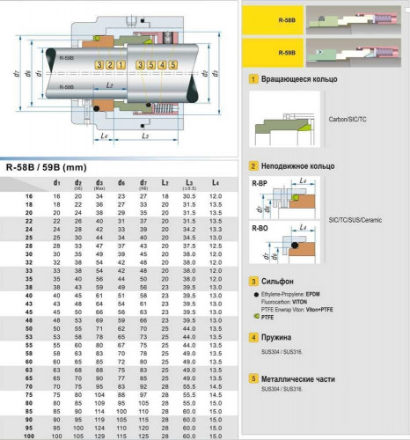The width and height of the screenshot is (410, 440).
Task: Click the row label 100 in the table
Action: coord(29,436)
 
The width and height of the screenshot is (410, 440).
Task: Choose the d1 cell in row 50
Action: coord(56,327)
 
